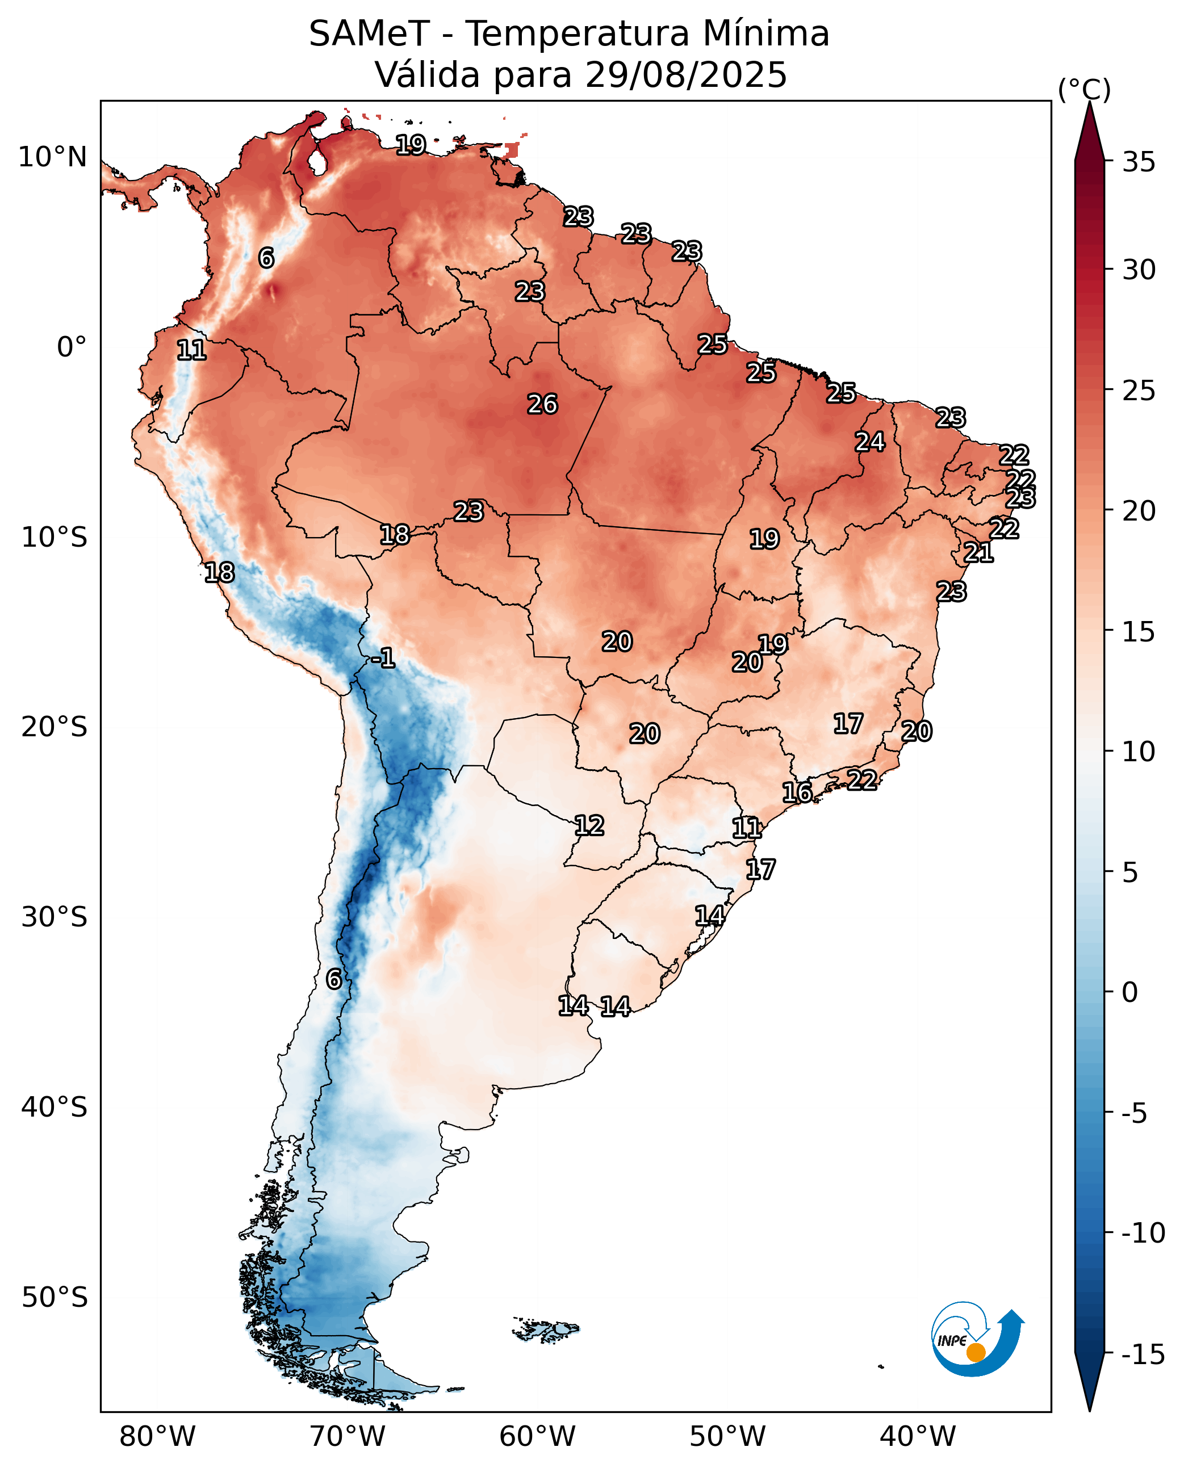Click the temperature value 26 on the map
point(543,404)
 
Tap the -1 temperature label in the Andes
point(383,658)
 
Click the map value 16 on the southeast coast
point(797,792)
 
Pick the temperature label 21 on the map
point(978,552)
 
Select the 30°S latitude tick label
point(55,917)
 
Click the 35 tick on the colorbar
point(1139,162)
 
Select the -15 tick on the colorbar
point(1143,1354)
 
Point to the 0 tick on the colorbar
point(1130,992)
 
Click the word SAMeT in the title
point(369,34)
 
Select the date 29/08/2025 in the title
point(686,75)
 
